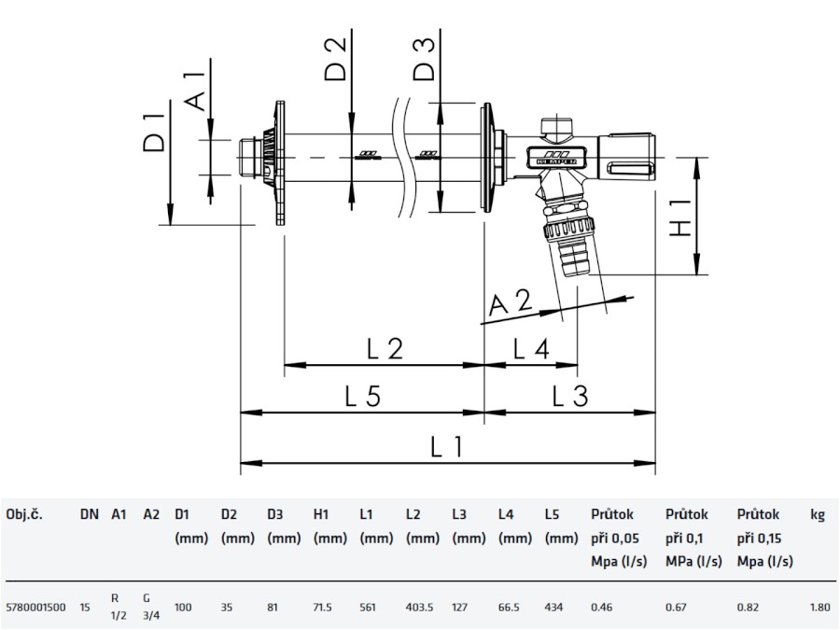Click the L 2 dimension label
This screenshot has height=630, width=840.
coord(384,349)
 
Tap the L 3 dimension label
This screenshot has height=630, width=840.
coord(569,396)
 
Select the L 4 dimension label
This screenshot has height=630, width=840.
coord(530,349)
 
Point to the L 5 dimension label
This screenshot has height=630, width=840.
coord(362,396)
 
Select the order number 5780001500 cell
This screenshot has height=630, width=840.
coord(35,608)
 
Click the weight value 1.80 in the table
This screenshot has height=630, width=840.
coord(819,608)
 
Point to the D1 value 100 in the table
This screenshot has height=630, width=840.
coord(184,608)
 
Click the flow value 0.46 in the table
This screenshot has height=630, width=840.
coord(602,608)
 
